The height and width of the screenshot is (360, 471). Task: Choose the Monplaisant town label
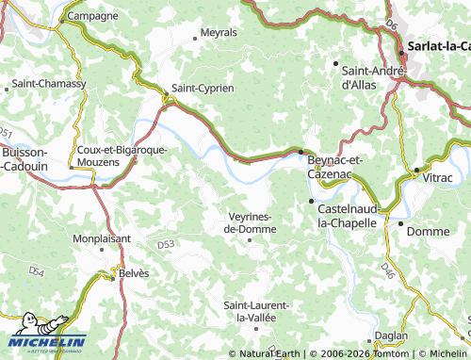tap(102, 239)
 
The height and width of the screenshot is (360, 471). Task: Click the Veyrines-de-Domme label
tap(250, 222)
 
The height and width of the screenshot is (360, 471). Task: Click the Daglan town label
tap(391, 335)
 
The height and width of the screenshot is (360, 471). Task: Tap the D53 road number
tap(166, 245)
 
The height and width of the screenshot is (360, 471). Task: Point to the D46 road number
tap(387, 271)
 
